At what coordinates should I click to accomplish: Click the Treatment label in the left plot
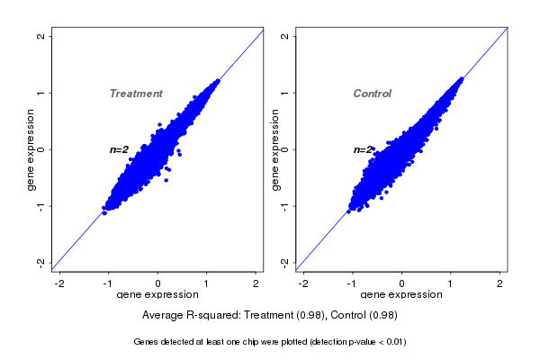(x=136, y=94)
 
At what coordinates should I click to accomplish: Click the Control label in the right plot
(x=372, y=94)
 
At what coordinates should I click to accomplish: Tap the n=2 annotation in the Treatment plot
(x=120, y=149)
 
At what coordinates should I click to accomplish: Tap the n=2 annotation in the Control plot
(x=363, y=149)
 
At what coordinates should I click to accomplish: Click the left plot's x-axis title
(x=157, y=294)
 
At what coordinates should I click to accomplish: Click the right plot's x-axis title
(x=401, y=294)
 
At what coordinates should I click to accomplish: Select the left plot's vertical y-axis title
(x=31, y=149)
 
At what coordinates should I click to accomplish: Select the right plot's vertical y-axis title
(x=274, y=149)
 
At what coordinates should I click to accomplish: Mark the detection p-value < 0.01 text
(x=358, y=342)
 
